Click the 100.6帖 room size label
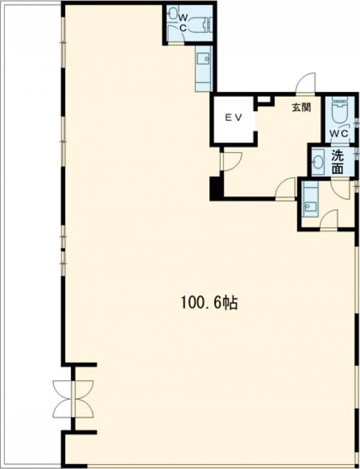coord(209,303)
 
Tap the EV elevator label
coord(233,118)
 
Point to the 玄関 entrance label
coord(301,107)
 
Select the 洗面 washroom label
coord(338,162)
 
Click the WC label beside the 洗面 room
coord(339,133)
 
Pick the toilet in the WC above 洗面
coord(340,112)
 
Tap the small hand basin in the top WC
coord(173,13)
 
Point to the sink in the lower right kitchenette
coord(311,205)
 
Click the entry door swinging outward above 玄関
coord(305,83)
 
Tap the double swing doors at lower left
coord(73,399)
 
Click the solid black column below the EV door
coord(216,189)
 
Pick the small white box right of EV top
coord(264,99)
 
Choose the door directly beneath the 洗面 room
coord(341,189)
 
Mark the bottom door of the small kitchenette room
coord(329,220)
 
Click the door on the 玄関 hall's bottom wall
coord(286,188)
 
